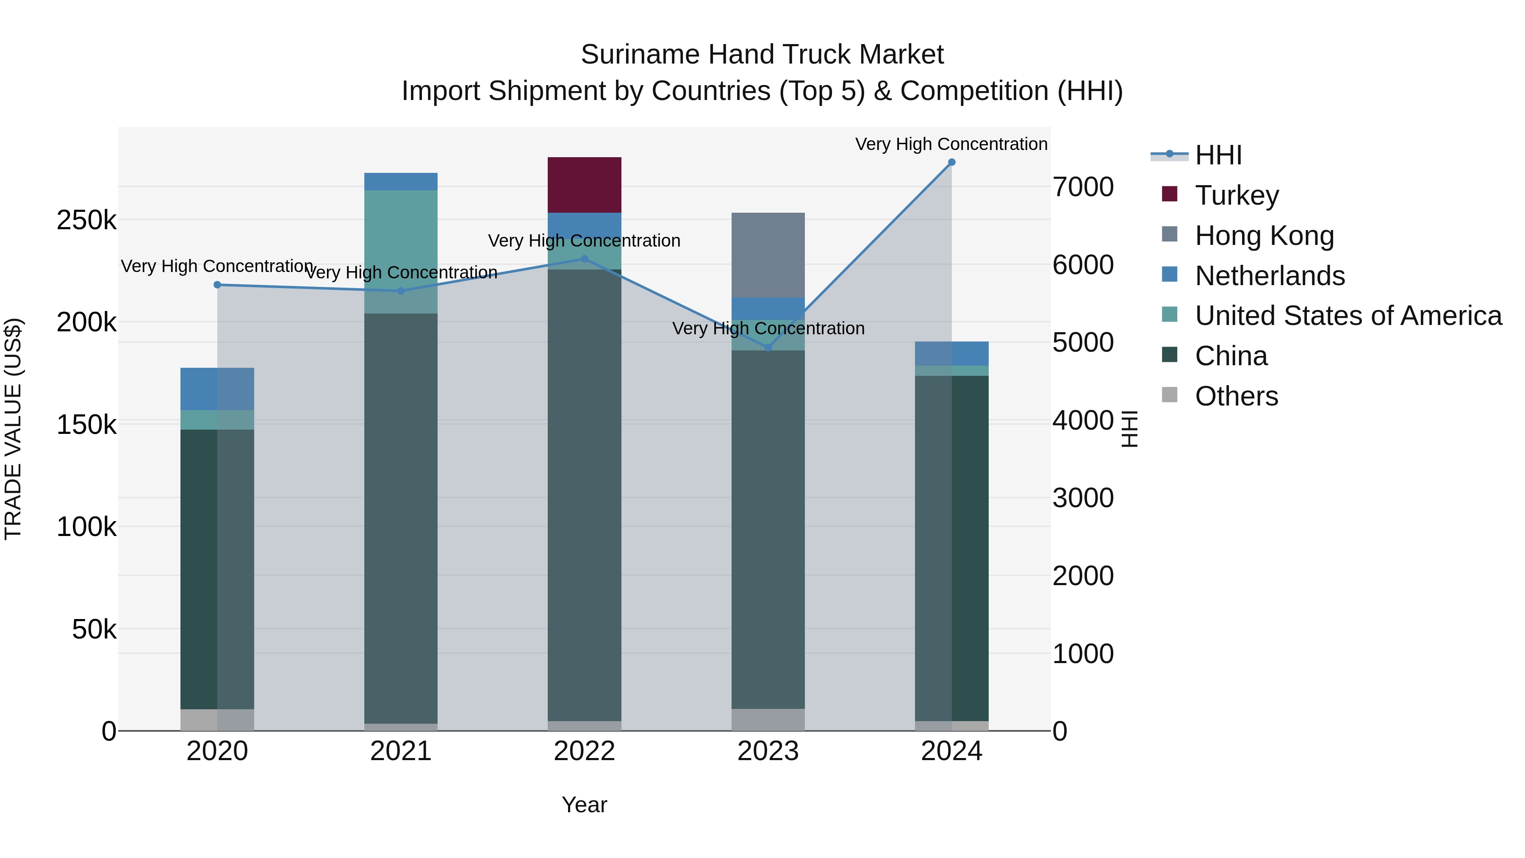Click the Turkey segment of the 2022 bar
coord(584,185)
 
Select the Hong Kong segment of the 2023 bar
coord(768,255)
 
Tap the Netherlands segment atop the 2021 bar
coord(400,181)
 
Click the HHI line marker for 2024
coord(951,162)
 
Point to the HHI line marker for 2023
coord(768,347)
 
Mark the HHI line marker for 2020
coord(217,285)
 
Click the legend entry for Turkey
coord(1237,195)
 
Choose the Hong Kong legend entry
coord(1264,236)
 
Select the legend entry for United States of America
coord(1348,316)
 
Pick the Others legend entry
coord(1236,396)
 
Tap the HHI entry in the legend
coord(1218,155)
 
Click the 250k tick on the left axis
coord(86,220)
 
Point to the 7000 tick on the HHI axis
coord(1083,187)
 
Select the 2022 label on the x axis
coord(584,751)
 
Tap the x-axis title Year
coord(584,805)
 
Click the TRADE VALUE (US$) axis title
coord(13,429)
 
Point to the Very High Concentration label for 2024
coord(951,144)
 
